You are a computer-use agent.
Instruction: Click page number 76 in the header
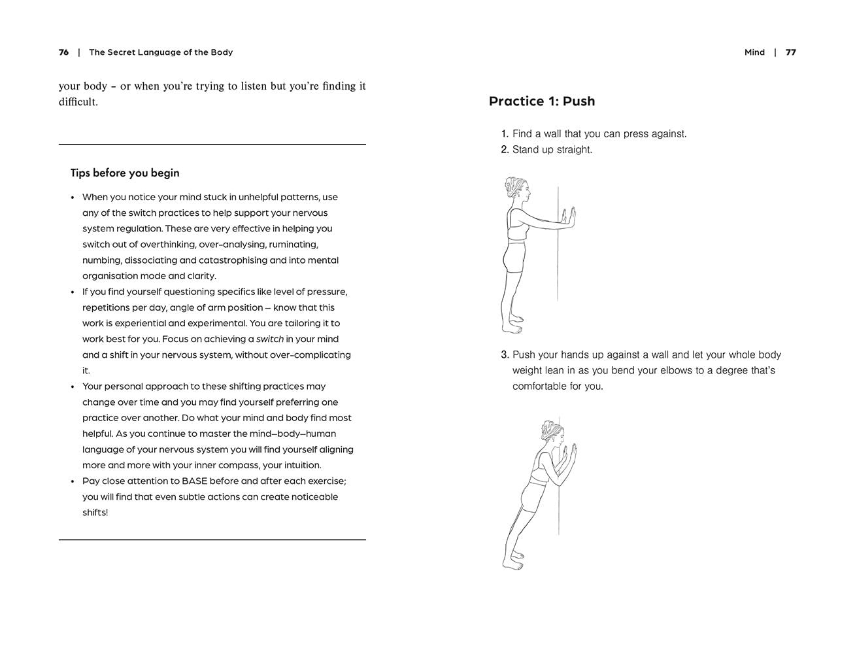click(x=63, y=52)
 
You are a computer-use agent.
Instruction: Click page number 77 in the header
click(x=791, y=52)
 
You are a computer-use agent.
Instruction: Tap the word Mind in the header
click(x=754, y=52)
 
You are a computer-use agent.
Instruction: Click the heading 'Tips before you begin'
click(x=125, y=173)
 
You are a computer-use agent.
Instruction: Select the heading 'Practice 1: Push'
click(x=542, y=101)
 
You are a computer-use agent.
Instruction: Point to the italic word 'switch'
click(x=270, y=339)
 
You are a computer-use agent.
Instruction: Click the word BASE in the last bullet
click(x=195, y=481)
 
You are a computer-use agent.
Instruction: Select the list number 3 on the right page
click(x=505, y=354)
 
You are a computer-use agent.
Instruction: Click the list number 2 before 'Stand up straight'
click(x=505, y=149)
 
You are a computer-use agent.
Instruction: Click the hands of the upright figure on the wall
click(x=572, y=216)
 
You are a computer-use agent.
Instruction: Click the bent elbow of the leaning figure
click(x=551, y=481)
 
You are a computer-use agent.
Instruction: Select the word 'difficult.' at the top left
click(x=78, y=102)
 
